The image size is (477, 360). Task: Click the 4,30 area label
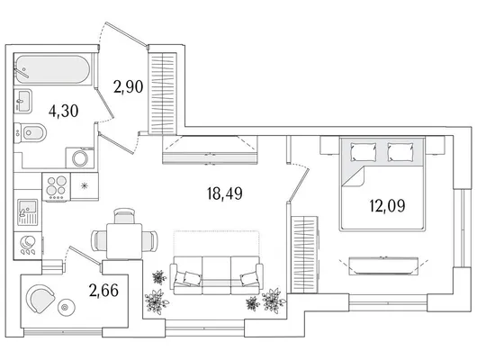64,111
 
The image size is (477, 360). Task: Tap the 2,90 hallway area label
128,86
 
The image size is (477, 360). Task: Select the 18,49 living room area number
224,193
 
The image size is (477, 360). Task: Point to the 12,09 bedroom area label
387,206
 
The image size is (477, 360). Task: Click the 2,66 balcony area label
103,290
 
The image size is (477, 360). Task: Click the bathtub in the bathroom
53,68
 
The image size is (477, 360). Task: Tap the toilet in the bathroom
31,132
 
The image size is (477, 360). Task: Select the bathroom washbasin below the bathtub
22,101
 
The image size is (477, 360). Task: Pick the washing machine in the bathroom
80,157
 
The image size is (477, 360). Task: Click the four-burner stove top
57,186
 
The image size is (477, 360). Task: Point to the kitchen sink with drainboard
27,212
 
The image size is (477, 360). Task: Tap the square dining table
124,240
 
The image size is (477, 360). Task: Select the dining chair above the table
124,216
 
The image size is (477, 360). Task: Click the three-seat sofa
216,275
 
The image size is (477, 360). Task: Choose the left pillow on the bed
364,151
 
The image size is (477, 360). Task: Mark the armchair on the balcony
40,298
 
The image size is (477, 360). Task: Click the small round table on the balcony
65,308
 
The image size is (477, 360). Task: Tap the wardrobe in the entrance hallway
162,93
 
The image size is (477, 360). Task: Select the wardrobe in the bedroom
304,255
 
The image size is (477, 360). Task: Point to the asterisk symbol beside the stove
85,186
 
